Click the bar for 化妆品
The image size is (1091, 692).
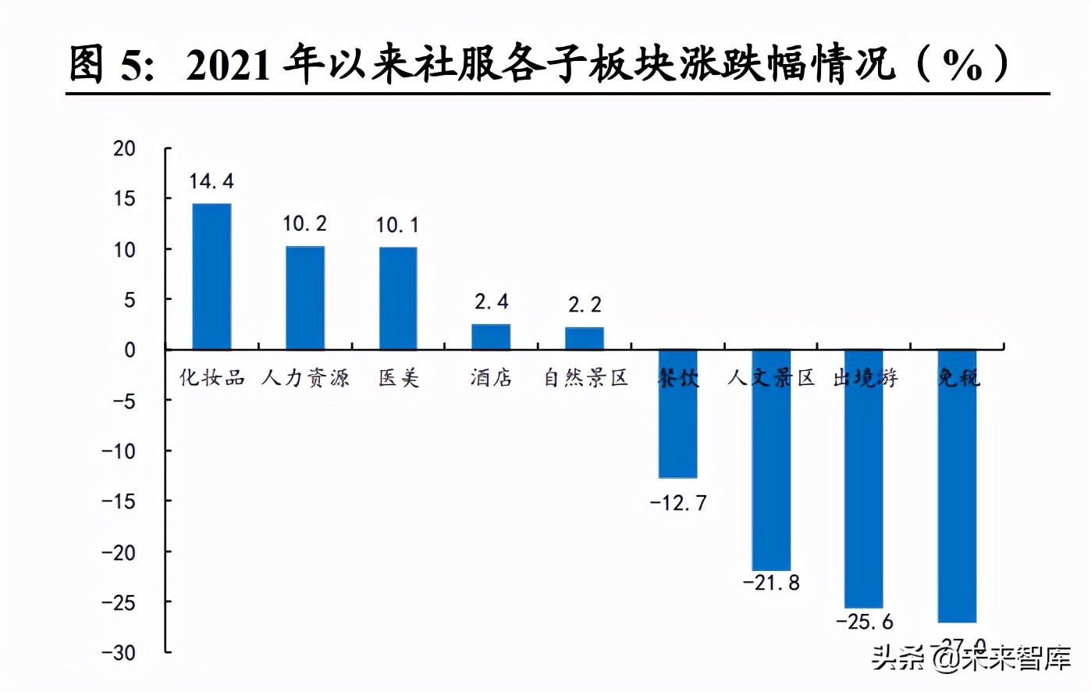click(211, 276)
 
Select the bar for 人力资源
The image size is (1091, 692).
click(304, 298)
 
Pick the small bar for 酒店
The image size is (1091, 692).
click(491, 337)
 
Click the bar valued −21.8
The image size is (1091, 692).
click(771, 460)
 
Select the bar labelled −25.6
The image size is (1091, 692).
click(864, 479)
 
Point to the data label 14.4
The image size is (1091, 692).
click(211, 181)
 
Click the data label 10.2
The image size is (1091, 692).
click(304, 224)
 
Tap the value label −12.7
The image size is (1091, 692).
click(678, 503)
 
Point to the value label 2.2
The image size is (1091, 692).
click(585, 305)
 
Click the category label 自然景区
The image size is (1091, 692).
click(585, 378)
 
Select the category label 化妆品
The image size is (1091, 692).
click(211, 378)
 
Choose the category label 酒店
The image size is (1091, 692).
click(491, 378)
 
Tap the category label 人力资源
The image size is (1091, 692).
click(305, 378)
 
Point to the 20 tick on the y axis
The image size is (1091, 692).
click(124, 148)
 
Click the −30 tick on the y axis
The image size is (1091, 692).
click(119, 653)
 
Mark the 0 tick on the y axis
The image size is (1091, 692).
click(130, 350)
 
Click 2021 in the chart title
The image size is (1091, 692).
click(228, 66)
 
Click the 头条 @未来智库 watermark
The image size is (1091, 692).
click(971, 658)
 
